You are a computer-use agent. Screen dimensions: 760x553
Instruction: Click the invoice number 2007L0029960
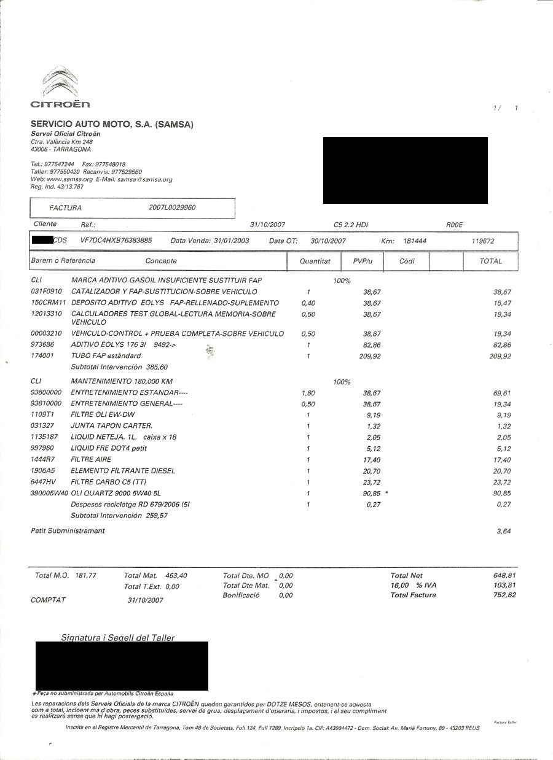[172, 208]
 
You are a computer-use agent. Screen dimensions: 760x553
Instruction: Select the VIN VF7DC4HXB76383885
[116, 241]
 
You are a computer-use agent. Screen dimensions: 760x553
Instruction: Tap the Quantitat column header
[315, 261]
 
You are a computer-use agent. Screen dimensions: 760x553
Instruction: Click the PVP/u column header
[363, 261]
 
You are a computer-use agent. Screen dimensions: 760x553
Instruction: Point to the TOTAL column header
[491, 261]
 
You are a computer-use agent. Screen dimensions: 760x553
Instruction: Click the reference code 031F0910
[46, 292]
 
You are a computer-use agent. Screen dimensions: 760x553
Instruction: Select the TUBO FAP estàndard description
[106, 356]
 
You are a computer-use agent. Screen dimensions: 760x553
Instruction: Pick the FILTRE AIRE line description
[92, 460]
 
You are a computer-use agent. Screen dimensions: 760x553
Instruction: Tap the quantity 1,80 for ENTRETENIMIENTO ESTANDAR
[308, 393]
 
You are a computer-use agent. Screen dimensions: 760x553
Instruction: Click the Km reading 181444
[415, 241]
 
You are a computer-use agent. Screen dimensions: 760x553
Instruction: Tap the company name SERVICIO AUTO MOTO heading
[112, 125]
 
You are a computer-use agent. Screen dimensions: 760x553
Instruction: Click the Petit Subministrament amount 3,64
[504, 531]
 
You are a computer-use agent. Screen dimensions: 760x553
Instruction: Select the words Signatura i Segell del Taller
[118, 638]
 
